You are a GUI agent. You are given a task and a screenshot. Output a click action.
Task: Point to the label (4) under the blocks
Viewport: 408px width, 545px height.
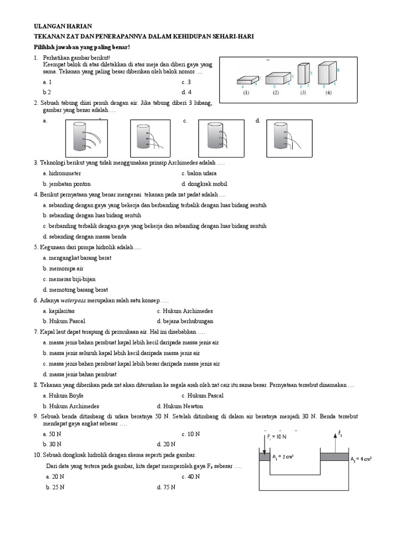pyautogui.click(x=328, y=93)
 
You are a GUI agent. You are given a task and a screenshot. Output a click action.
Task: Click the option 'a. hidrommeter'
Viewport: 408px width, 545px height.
pyautogui.click(x=63, y=174)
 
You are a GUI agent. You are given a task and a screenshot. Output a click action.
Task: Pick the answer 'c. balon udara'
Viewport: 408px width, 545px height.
pyautogui.click(x=199, y=174)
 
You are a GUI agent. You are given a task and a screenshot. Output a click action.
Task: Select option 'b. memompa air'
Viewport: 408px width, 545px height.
pyautogui.click(x=63, y=269)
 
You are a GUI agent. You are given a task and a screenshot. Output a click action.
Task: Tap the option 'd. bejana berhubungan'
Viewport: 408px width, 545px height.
pyautogui.click(x=185, y=321)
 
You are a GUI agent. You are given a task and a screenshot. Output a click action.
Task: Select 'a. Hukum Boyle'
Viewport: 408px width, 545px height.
pyautogui.click(x=63, y=395)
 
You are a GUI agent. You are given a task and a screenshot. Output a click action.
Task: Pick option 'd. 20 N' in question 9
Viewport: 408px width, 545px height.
pyautogui.click(x=166, y=444)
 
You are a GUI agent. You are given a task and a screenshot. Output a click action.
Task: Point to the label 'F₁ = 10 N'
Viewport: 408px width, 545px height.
pyautogui.click(x=276, y=436)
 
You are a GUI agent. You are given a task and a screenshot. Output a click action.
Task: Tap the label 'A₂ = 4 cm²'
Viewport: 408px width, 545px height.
pyautogui.click(x=361, y=458)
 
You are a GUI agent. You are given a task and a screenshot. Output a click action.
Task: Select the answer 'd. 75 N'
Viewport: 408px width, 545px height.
pyautogui.click(x=166, y=486)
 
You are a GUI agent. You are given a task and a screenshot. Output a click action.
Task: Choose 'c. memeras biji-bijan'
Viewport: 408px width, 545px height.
pyautogui.click(x=69, y=279)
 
